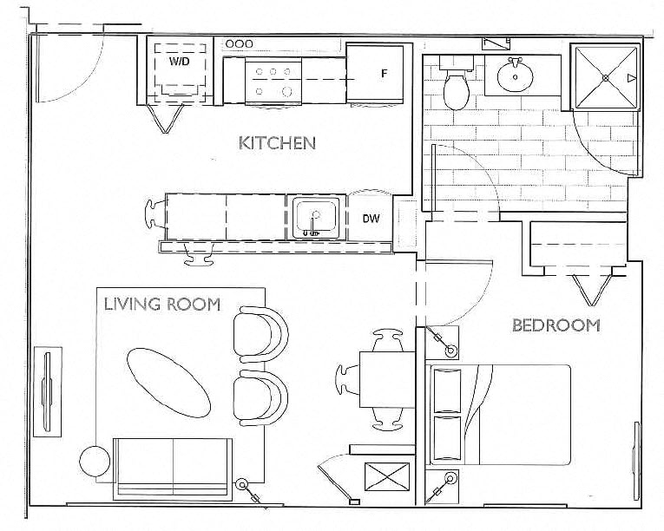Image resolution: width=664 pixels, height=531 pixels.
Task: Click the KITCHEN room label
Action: click(277, 143)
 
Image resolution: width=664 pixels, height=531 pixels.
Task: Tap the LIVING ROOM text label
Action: click(161, 304)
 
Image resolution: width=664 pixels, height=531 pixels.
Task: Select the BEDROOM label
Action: click(556, 325)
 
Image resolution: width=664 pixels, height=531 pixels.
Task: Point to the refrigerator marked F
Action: click(375, 74)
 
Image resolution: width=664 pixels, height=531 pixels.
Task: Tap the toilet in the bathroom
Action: click(454, 84)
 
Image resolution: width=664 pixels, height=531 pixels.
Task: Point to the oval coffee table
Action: click(169, 383)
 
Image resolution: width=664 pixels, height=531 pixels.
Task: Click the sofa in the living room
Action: click(173, 468)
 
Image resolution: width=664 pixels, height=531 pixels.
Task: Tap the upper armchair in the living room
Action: click(260, 334)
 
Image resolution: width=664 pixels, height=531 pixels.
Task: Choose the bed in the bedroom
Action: click(501, 416)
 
